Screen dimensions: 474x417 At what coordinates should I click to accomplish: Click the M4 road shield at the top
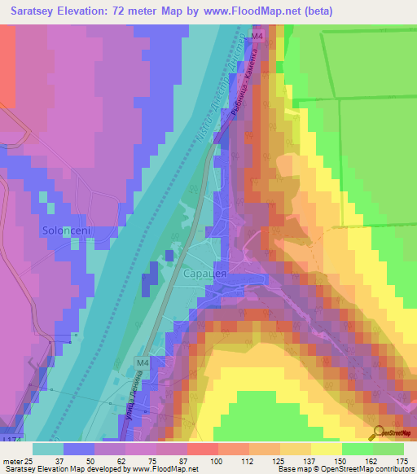257,37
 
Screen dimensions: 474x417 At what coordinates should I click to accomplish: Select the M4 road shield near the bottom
143,362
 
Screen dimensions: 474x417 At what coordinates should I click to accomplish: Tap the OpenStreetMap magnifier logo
378,433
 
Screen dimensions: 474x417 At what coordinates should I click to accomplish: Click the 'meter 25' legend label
17,462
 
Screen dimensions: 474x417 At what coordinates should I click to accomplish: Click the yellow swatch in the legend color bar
326,449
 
